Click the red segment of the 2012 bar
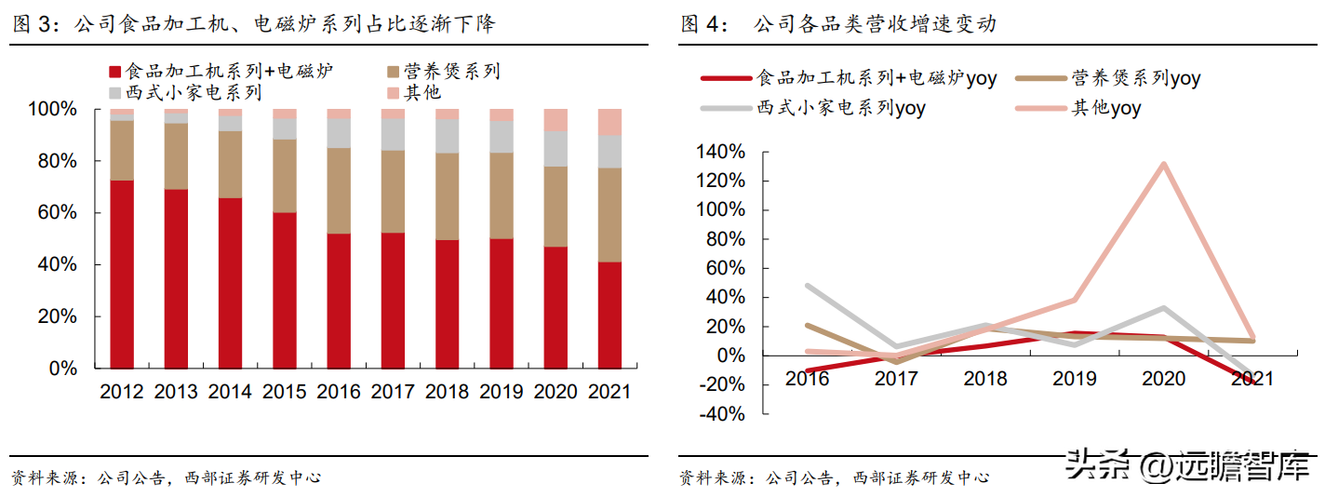pos(122,275)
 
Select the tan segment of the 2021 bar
pos(609,215)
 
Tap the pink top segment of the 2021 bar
pos(609,123)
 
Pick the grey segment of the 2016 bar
pos(339,133)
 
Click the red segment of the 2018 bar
pos(448,304)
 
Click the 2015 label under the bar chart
pos(285,392)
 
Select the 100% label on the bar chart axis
pos(53,109)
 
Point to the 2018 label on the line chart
pos(985,379)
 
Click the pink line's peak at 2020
pos(1163,164)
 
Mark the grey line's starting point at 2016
pos(808,286)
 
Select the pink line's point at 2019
pos(1074,300)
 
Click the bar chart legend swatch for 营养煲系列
pos(393,73)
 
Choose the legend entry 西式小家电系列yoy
pos(813,108)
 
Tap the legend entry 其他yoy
pos(1077,108)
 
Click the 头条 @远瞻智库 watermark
pos(1189,466)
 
